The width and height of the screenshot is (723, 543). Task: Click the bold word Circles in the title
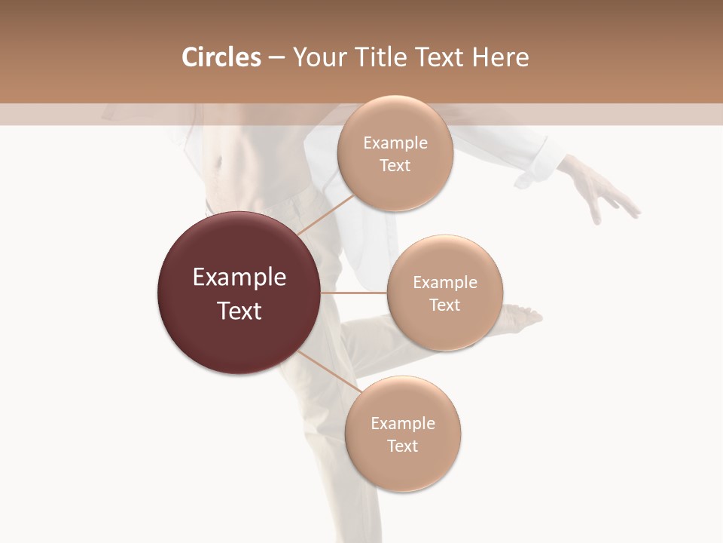tap(221, 57)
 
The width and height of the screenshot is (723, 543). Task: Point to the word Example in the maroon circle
tap(239, 278)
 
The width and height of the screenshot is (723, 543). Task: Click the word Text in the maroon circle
tap(239, 311)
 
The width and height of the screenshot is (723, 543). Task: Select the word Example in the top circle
tap(395, 143)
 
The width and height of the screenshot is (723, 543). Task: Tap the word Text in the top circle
tap(395, 166)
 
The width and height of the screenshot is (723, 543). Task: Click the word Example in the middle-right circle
tap(445, 283)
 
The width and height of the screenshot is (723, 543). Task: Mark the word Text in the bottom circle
tap(402, 446)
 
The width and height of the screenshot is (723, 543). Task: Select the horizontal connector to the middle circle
tap(354, 293)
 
